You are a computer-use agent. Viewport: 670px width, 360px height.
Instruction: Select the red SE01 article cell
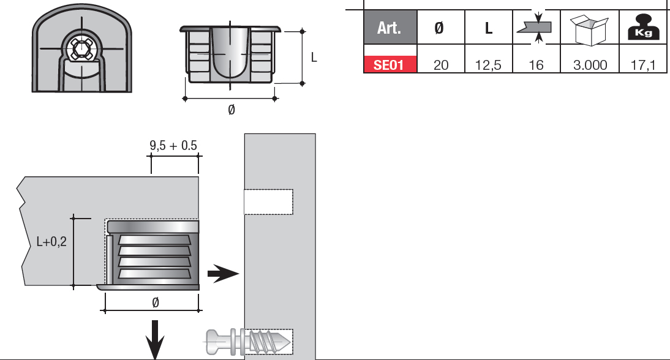390,64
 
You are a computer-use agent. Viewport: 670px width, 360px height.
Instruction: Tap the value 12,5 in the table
488,65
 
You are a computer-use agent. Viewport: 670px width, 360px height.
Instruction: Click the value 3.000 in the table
590,65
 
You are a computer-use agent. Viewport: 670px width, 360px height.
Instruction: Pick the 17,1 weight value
642,65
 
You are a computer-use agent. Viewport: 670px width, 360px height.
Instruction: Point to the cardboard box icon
589,29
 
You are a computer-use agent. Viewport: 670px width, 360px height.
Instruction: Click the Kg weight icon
643,28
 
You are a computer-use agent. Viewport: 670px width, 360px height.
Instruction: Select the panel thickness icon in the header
536,28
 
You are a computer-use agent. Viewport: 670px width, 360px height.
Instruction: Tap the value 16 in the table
536,65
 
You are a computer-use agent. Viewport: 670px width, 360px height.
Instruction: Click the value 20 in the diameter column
441,65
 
